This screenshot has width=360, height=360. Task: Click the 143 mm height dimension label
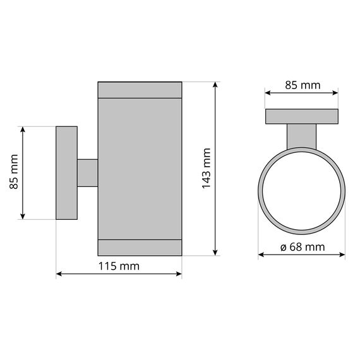[x=207, y=168]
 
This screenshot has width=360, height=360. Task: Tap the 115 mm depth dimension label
[x=119, y=267]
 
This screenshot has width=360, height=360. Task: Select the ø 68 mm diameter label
[x=303, y=248]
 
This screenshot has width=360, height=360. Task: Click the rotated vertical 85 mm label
[x=14, y=172]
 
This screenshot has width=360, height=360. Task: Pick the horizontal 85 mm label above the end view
[x=303, y=85]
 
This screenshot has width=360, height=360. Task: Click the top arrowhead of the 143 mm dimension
[x=215, y=84]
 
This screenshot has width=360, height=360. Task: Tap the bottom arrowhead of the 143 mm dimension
[x=215, y=253]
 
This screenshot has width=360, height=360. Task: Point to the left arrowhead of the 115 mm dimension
[x=59, y=274]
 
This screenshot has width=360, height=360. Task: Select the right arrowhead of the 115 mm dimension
[x=179, y=274]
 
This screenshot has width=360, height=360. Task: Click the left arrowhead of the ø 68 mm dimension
[x=261, y=255]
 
